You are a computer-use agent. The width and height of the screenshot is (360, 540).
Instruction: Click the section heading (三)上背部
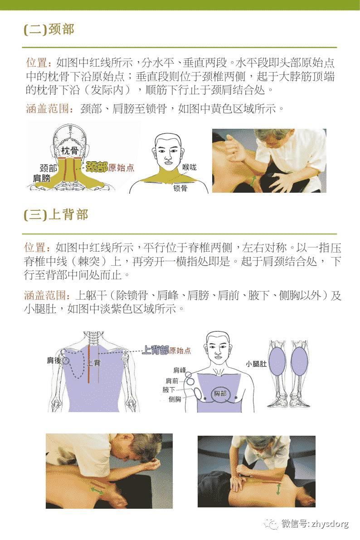56,214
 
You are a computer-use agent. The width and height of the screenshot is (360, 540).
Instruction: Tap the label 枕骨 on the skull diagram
67,150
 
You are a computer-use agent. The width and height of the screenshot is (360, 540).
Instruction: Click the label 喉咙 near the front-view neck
190,167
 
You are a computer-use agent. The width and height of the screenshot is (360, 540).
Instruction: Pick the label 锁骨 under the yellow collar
180,188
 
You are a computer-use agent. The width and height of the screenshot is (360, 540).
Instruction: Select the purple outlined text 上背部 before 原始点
156,350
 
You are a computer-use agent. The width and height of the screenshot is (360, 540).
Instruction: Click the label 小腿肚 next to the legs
256,364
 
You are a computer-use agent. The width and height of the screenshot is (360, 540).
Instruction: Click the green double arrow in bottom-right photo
278,488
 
